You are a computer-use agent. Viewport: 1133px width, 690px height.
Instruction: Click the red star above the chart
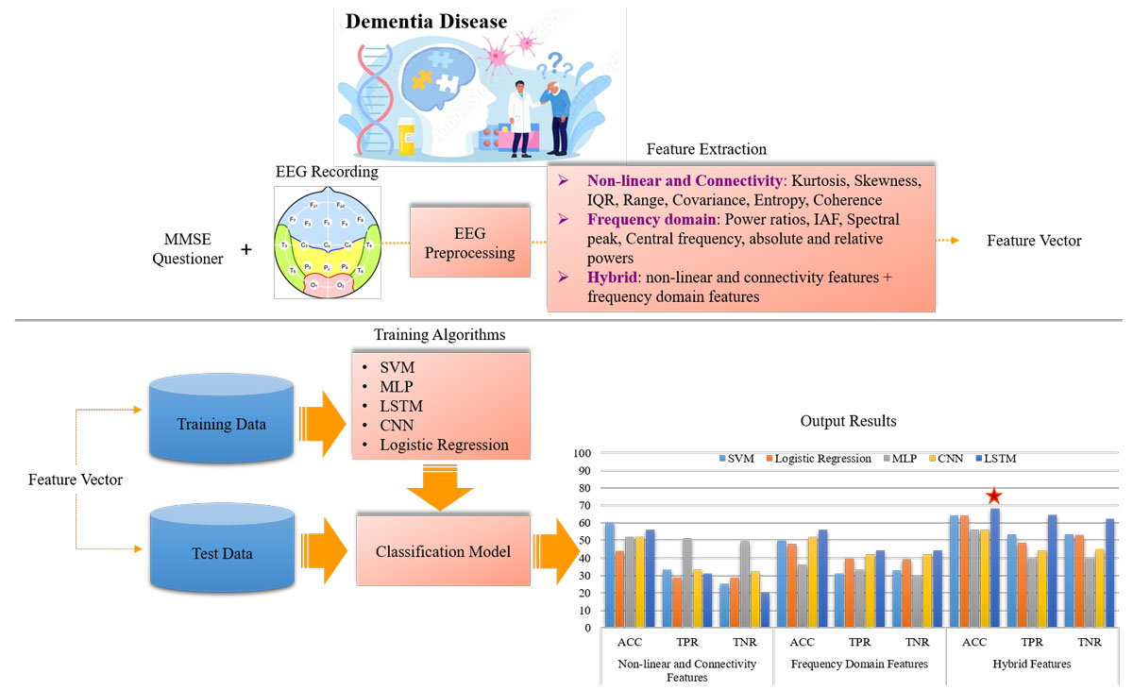tap(993, 496)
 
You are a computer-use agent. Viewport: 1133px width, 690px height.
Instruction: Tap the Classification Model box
tap(443, 551)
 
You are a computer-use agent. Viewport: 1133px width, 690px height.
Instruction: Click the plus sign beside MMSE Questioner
tap(246, 250)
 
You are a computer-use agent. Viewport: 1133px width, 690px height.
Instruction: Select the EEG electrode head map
tap(326, 243)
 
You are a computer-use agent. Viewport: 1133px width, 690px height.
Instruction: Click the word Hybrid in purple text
tap(611, 279)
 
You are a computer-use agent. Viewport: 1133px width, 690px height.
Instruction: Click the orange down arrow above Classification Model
tap(442, 487)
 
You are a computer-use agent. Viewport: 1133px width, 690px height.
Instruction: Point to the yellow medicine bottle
tap(407, 136)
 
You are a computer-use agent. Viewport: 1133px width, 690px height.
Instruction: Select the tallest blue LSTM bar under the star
tap(995, 567)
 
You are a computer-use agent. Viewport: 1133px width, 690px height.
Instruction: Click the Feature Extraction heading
tap(705, 149)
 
